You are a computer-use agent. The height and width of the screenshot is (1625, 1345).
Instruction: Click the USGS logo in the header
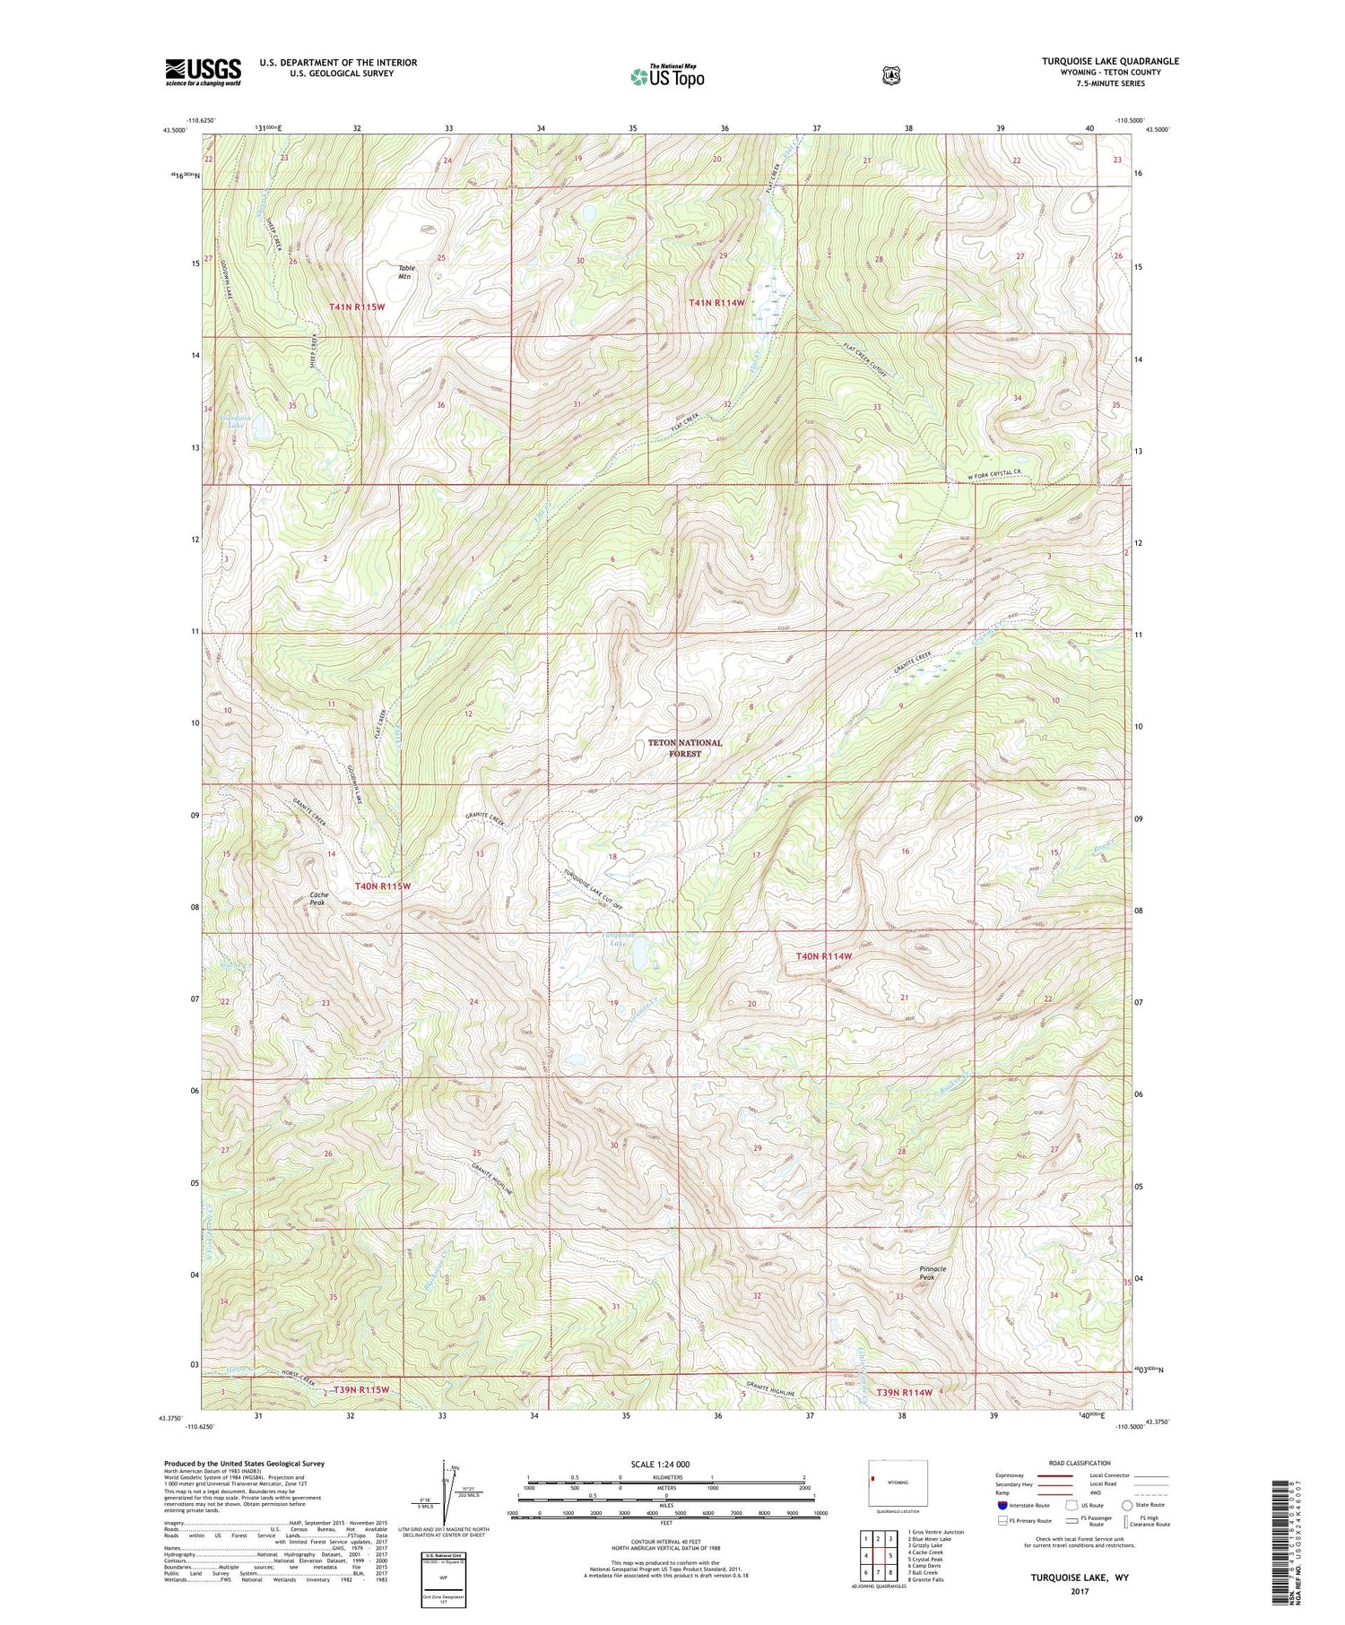point(203,72)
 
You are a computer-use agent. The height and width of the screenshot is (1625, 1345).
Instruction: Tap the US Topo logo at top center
point(667,75)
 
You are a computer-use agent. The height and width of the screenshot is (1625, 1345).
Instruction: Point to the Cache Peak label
point(318,899)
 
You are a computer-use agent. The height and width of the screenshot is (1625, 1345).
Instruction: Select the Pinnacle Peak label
point(933,1273)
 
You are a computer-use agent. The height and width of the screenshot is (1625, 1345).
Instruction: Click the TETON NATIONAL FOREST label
point(684,748)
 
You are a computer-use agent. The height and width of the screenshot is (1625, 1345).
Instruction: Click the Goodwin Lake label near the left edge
point(236,420)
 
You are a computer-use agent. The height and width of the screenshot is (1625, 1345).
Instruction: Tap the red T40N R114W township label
point(823,956)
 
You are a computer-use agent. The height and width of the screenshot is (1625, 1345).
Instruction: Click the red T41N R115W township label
point(356,307)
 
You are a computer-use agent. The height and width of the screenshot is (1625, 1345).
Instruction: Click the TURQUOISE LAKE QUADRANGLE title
point(1110,61)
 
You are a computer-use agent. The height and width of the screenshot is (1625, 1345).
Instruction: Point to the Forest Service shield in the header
point(890,75)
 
